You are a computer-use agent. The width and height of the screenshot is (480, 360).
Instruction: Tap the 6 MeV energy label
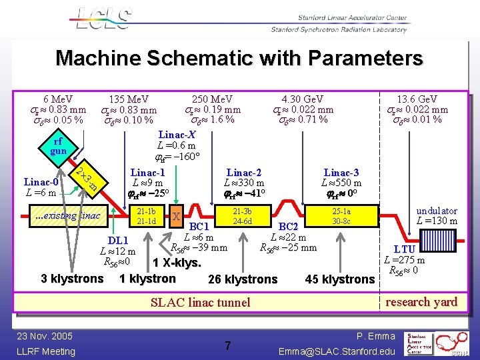[x=59, y=99]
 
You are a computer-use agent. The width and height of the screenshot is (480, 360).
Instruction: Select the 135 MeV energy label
[x=129, y=99]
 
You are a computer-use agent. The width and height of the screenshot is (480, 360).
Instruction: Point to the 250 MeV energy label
[x=212, y=99]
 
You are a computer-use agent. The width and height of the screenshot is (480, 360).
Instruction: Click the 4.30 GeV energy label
[x=303, y=99]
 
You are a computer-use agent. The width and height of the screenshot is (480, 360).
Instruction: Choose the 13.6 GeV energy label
[x=417, y=99]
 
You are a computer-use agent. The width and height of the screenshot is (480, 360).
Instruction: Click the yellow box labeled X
[x=176, y=216]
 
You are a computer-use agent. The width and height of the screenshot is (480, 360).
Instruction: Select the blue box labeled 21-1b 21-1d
[x=146, y=216]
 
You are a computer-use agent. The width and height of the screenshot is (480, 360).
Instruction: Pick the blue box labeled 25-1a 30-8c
[x=342, y=216]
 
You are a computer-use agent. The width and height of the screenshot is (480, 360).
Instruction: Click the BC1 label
[x=199, y=227]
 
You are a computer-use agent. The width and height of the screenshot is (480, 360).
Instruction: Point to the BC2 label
[x=288, y=227]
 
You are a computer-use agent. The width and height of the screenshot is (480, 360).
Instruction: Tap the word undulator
[x=437, y=210]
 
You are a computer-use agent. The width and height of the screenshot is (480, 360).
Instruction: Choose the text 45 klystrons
[x=339, y=279]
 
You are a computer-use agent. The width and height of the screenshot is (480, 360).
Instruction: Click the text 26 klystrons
[x=243, y=279]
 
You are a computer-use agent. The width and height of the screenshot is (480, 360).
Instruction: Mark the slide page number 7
[x=227, y=345]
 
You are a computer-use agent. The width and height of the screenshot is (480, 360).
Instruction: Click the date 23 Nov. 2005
[x=46, y=336]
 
